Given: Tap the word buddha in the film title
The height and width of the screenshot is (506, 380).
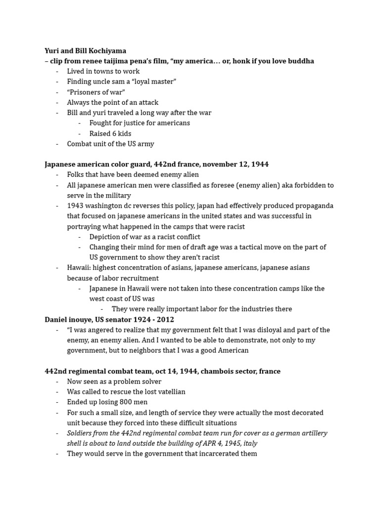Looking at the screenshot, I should [300, 61].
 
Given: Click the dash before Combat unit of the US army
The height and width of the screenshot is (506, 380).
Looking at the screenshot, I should [57, 144].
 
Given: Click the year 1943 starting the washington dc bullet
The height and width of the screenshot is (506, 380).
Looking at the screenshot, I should [76, 206].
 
